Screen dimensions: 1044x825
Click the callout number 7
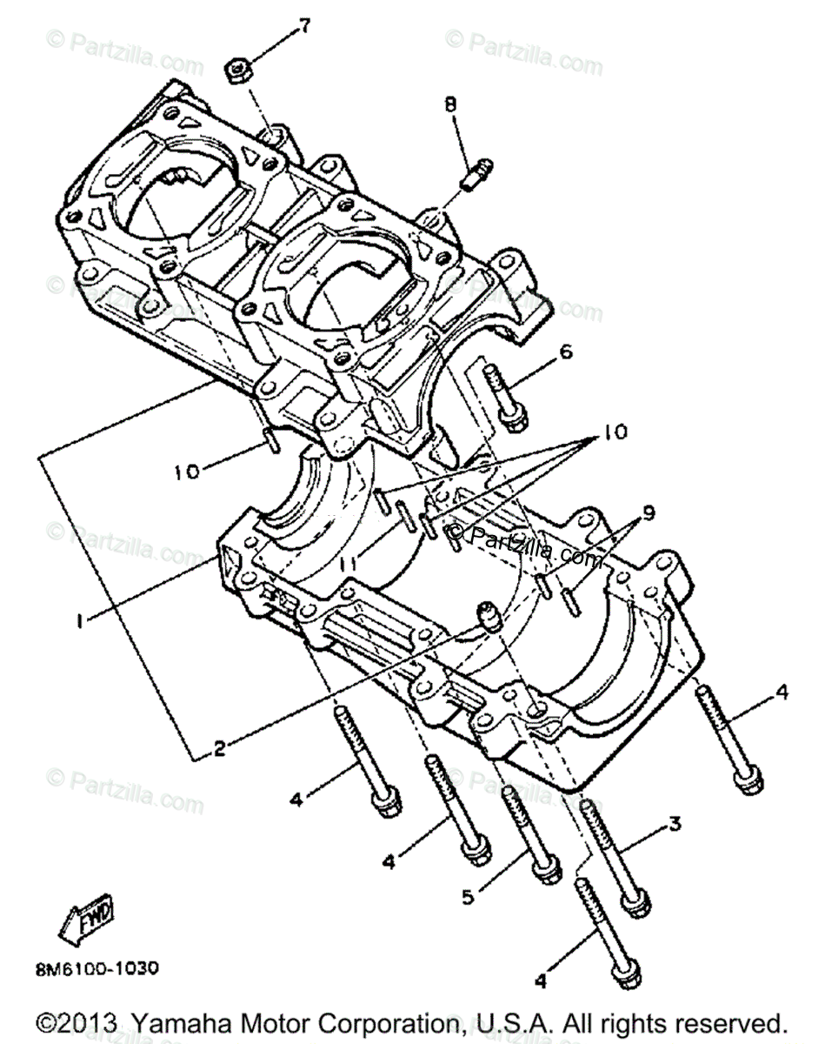tap(303, 26)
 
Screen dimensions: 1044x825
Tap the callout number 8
tap(449, 104)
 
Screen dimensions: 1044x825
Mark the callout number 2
tap(219, 746)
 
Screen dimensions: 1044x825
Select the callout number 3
tap(674, 823)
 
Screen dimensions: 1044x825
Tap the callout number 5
tap(469, 896)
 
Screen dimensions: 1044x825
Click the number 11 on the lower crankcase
tap(349, 565)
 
